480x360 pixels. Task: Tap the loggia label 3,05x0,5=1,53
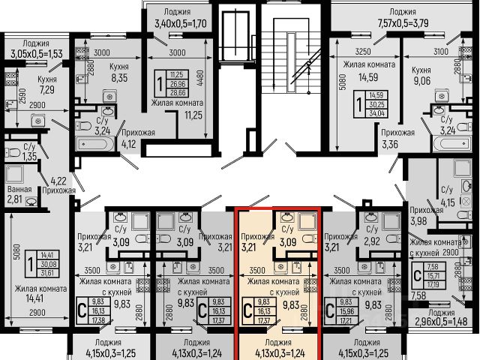click(34, 54)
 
